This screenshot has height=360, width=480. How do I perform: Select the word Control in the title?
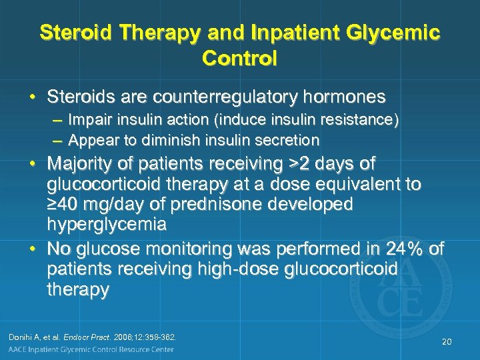pyautogui.click(x=239, y=58)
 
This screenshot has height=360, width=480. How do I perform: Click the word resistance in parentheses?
pyautogui.click(x=357, y=121)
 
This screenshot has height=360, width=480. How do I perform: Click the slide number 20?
pyautogui.click(x=446, y=341)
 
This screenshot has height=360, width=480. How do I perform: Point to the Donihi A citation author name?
pyautogui.click(x=30, y=337)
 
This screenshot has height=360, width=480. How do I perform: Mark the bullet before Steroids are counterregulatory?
pyautogui.click(x=32, y=97)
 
